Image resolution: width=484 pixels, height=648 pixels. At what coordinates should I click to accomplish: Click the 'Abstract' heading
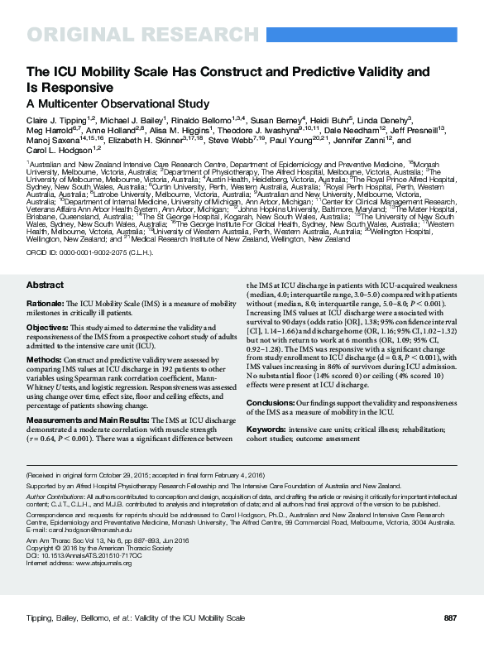pos(45,285)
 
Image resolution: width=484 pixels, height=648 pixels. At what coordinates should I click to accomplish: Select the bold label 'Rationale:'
pos(46,304)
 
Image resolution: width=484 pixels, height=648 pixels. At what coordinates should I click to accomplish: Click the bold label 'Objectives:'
pos(47,328)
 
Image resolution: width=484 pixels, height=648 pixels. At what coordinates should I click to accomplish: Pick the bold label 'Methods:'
pos(44,360)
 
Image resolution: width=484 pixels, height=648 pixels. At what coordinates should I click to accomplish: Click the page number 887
pos(450,618)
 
